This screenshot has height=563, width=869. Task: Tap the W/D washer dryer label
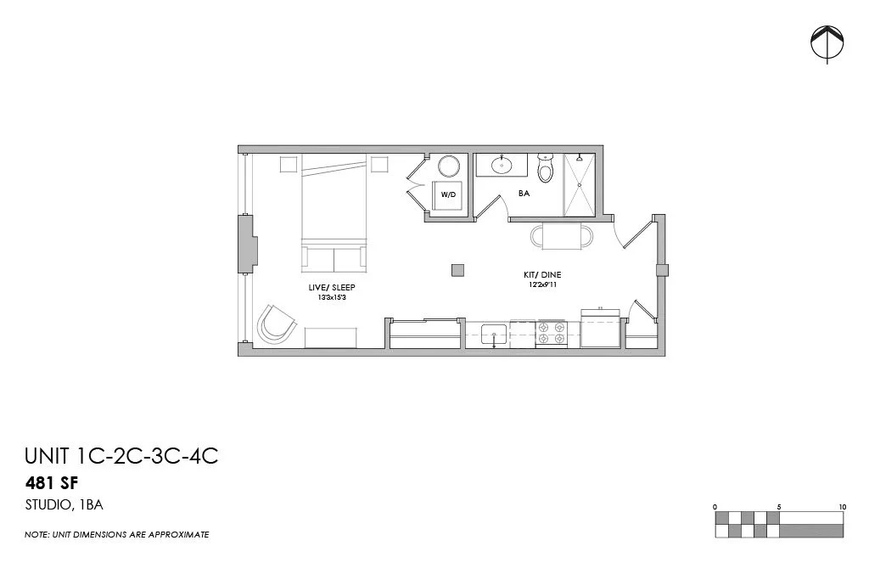click(447, 194)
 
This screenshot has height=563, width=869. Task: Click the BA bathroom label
click(524, 194)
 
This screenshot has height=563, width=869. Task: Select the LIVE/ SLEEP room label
click(332, 288)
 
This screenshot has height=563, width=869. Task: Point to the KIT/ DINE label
click(541, 275)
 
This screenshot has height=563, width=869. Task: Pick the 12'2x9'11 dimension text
click(541, 285)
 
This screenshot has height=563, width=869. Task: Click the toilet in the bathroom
click(546, 168)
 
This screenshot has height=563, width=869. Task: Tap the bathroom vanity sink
click(502, 165)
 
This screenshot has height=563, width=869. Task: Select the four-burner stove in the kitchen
click(552, 334)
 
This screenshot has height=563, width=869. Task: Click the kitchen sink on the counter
click(494, 335)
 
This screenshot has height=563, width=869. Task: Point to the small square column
click(458, 270)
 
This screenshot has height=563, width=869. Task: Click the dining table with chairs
click(562, 235)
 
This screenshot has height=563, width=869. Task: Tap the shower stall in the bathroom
click(580, 184)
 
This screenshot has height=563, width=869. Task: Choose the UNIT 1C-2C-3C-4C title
click(121, 456)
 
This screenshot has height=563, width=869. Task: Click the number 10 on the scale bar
click(842, 507)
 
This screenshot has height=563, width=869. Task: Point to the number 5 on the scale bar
click(779, 507)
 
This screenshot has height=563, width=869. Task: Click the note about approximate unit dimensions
click(116, 535)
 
